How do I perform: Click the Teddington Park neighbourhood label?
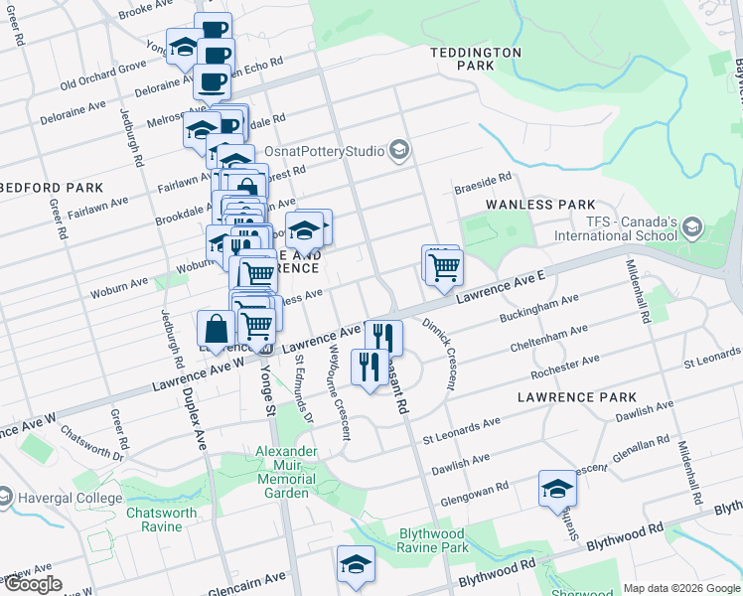click(x=475, y=58)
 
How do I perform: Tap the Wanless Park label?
click(x=539, y=205)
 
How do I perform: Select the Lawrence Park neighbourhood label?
click(x=577, y=396)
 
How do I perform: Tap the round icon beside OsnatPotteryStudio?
click(x=399, y=151)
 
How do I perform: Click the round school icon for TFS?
click(x=692, y=228)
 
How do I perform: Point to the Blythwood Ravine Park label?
click(x=432, y=539)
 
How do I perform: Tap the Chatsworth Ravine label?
click(x=154, y=520)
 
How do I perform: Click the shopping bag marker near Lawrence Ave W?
click(x=217, y=329)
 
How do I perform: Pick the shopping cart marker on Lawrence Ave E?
click(x=444, y=267)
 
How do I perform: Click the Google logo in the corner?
click(x=33, y=584)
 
